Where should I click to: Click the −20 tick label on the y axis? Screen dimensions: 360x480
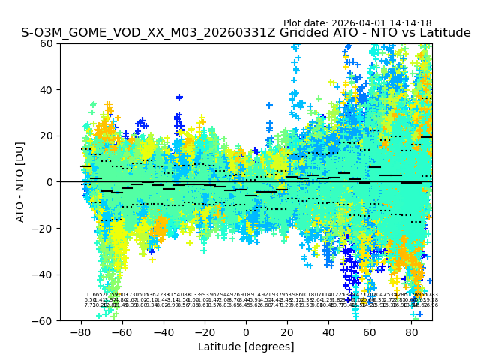point(45,228)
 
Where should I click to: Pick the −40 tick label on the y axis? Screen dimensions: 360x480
point(45,274)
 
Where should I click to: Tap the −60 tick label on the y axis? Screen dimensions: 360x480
point(45,320)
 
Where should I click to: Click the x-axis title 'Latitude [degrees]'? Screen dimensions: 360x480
point(246,346)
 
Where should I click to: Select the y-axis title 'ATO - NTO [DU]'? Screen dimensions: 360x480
point(20,182)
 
